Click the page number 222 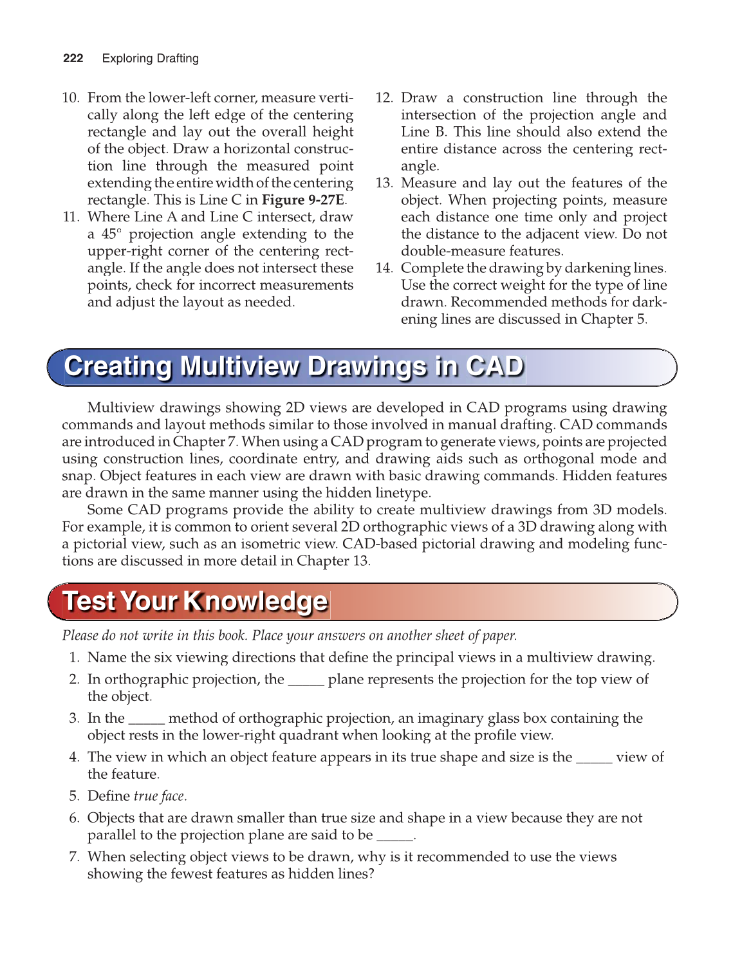coord(73,58)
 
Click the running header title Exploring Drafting coord(150,58)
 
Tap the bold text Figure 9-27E coord(302,200)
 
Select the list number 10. coord(70,98)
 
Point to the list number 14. coord(384,268)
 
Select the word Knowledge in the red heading coord(255,601)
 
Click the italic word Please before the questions coord(80,635)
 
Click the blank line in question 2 coord(306,684)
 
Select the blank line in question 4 coord(593,761)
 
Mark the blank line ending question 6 coord(394,839)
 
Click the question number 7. coord(74,857)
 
